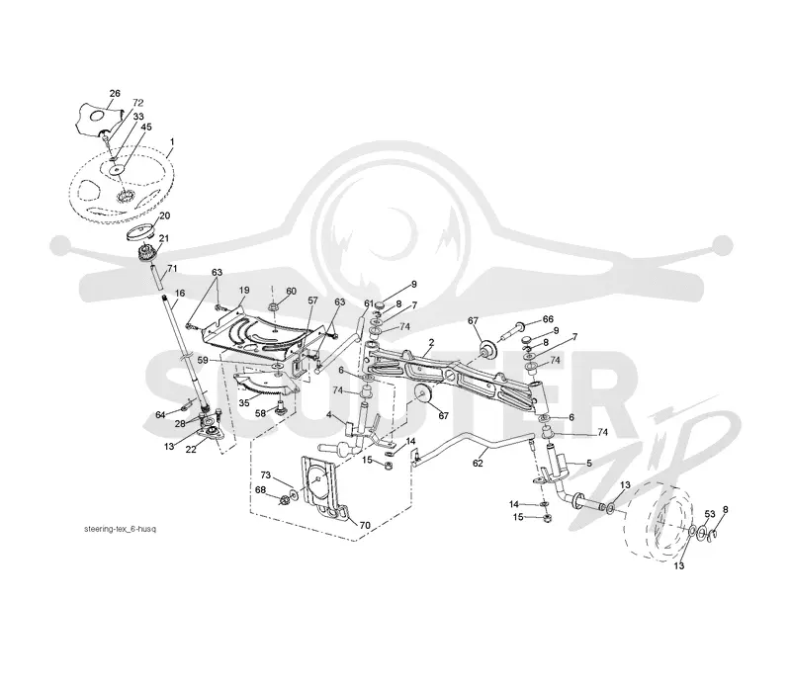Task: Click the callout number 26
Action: (115, 93)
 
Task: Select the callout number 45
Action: (145, 128)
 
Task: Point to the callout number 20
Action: (164, 215)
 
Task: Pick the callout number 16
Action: (180, 293)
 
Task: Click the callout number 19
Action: (244, 291)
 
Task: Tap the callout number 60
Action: (291, 291)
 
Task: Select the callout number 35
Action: (244, 403)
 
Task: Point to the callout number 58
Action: (260, 413)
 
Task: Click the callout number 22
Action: (191, 450)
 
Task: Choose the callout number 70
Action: (364, 526)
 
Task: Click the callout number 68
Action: (260, 490)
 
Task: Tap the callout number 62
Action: (478, 463)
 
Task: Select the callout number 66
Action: (548, 319)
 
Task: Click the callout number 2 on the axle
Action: (431, 342)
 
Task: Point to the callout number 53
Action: (710, 514)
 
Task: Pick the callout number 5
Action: (589, 463)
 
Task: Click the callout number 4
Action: (328, 414)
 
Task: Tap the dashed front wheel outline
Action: (626, 525)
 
